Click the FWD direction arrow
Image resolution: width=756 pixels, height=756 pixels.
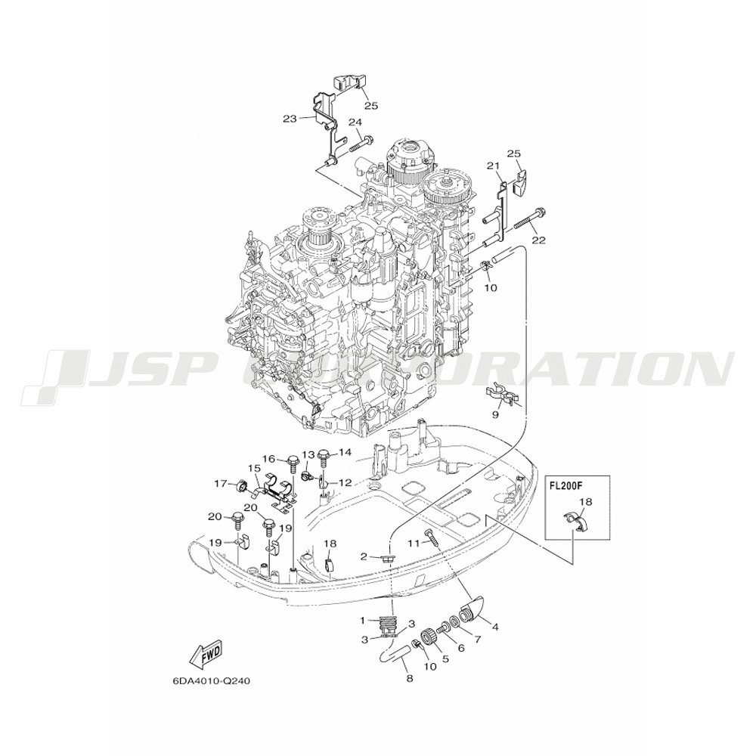pos(206,655)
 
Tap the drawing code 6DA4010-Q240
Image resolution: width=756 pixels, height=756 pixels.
pos(211,682)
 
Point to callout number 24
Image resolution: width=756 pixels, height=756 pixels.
pos(355,122)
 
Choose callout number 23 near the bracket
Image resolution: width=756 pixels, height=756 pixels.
pos(290,118)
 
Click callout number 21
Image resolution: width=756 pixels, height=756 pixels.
pos(492,166)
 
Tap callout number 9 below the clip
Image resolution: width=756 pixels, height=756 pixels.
pos(496,414)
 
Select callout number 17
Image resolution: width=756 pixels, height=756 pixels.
pos(221,482)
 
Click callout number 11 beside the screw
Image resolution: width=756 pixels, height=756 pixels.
pos(414,544)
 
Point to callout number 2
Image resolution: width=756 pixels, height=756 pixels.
pos(364,557)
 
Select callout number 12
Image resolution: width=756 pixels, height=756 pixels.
pos(345,482)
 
